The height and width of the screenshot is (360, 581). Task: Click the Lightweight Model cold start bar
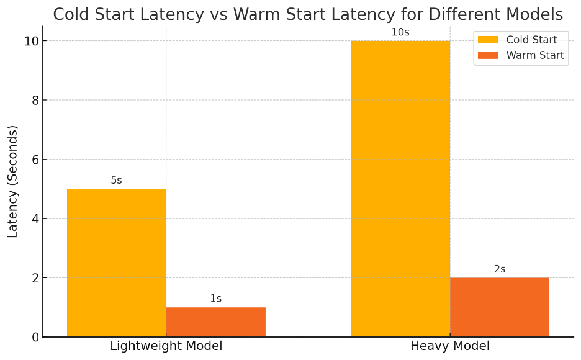click(x=117, y=263)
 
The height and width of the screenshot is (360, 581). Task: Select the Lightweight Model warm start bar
click(x=216, y=322)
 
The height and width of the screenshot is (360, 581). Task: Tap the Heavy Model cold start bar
click(x=400, y=189)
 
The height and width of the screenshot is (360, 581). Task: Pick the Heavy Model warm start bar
click(x=500, y=307)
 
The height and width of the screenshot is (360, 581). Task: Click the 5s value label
click(x=117, y=181)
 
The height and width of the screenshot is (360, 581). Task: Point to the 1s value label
click(x=216, y=299)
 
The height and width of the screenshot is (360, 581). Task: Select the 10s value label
click(x=400, y=32)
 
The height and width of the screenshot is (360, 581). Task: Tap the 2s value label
click(x=500, y=269)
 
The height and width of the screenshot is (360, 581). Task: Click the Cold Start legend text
click(x=531, y=40)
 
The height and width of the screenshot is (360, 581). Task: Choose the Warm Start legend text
click(x=535, y=55)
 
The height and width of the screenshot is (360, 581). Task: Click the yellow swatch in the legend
click(x=488, y=40)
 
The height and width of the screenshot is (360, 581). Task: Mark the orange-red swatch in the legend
click(x=488, y=55)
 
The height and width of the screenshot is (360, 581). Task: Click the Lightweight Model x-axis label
click(x=166, y=346)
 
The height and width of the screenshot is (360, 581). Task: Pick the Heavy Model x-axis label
click(x=450, y=346)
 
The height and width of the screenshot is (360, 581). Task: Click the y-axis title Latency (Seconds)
click(x=13, y=181)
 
